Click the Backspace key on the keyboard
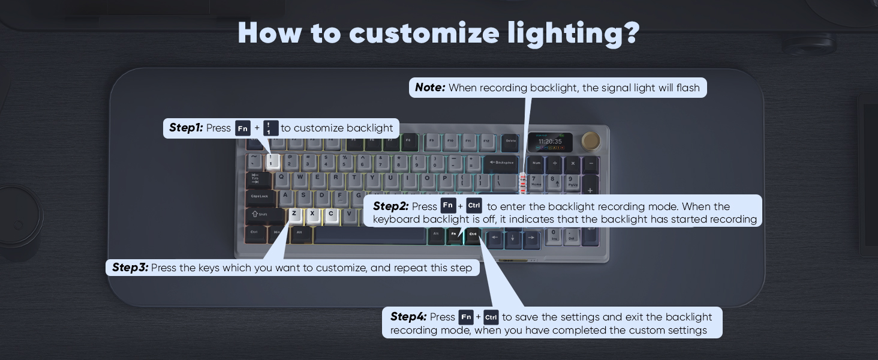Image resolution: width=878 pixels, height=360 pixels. [x=501, y=163]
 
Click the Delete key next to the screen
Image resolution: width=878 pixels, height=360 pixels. [x=510, y=142]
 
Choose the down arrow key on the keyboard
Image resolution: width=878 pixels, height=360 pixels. [x=513, y=238]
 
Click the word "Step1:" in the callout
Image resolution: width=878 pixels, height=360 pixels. [x=186, y=128]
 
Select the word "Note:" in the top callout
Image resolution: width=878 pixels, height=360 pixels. [x=430, y=88]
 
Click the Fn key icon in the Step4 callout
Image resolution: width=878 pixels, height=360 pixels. [x=466, y=317]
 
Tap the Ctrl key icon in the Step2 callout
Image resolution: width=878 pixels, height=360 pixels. [x=474, y=206]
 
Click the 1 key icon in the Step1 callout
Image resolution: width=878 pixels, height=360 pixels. [x=271, y=128]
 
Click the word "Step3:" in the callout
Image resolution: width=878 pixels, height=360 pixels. [x=130, y=268]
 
